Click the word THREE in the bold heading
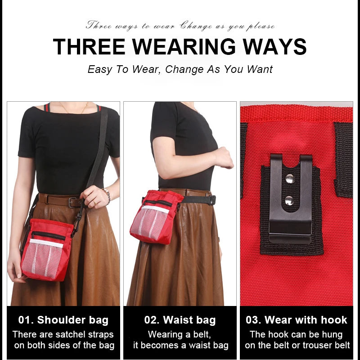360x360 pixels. click(x=89, y=47)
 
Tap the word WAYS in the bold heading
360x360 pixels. click(x=274, y=47)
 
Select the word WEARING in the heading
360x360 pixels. click(x=184, y=47)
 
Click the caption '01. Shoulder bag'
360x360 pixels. click(x=63, y=320)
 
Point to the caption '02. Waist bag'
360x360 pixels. click(x=180, y=320)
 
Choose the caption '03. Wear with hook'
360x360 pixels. click(x=297, y=320)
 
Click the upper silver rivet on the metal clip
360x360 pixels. click(x=290, y=178)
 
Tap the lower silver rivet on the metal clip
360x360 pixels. click(x=289, y=201)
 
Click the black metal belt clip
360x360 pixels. click(x=291, y=198)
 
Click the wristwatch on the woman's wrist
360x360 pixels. click(x=107, y=194)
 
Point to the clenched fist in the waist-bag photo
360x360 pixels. click(x=223, y=158)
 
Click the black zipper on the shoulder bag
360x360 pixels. click(x=49, y=235)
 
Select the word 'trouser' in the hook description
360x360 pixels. click(x=319, y=345)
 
